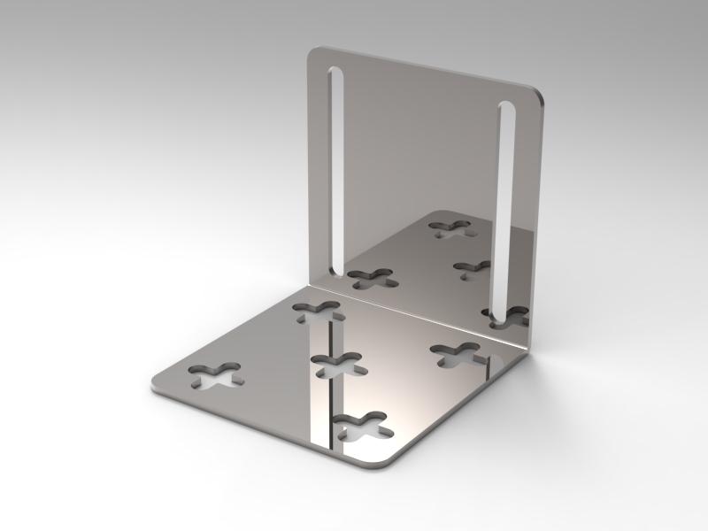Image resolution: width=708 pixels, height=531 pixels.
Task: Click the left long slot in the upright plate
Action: tap(337, 168)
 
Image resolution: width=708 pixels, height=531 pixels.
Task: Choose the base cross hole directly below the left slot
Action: tap(318, 310)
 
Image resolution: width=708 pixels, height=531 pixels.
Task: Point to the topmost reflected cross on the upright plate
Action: tap(450, 228)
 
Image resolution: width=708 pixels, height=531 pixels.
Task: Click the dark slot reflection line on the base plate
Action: tap(331, 381)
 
